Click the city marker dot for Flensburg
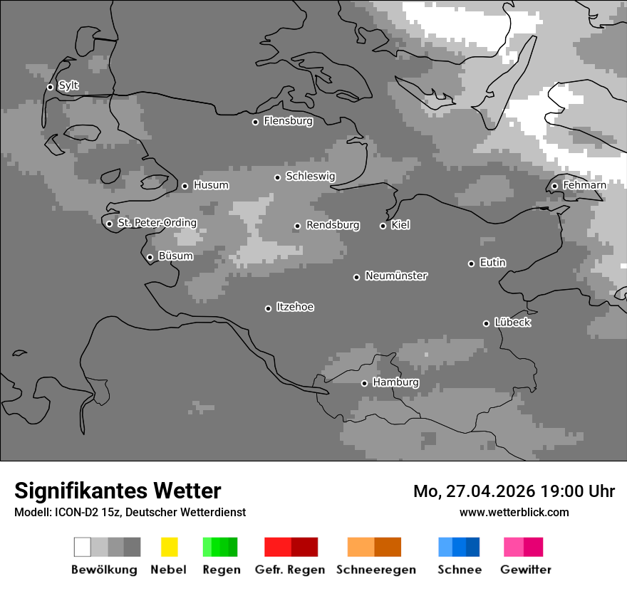(x=255, y=122)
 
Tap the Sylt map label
(x=68, y=86)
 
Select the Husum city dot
(x=185, y=186)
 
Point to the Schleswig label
(x=310, y=177)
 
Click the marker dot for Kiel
(x=383, y=226)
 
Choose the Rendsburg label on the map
(x=333, y=225)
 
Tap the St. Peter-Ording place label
(x=157, y=223)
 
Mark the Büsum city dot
(x=150, y=257)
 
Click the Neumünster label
(x=396, y=276)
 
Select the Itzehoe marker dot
(x=268, y=308)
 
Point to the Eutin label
(x=493, y=263)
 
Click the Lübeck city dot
(x=486, y=323)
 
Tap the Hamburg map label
(x=395, y=382)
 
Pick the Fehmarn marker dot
(x=554, y=187)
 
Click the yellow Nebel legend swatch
(x=169, y=547)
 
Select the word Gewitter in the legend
(x=526, y=570)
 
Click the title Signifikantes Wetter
(x=118, y=491)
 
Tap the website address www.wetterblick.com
(x=514, y=512)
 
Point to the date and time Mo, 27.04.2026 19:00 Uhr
(x=514, y=491)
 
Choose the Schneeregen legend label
(x=376, y=570)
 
